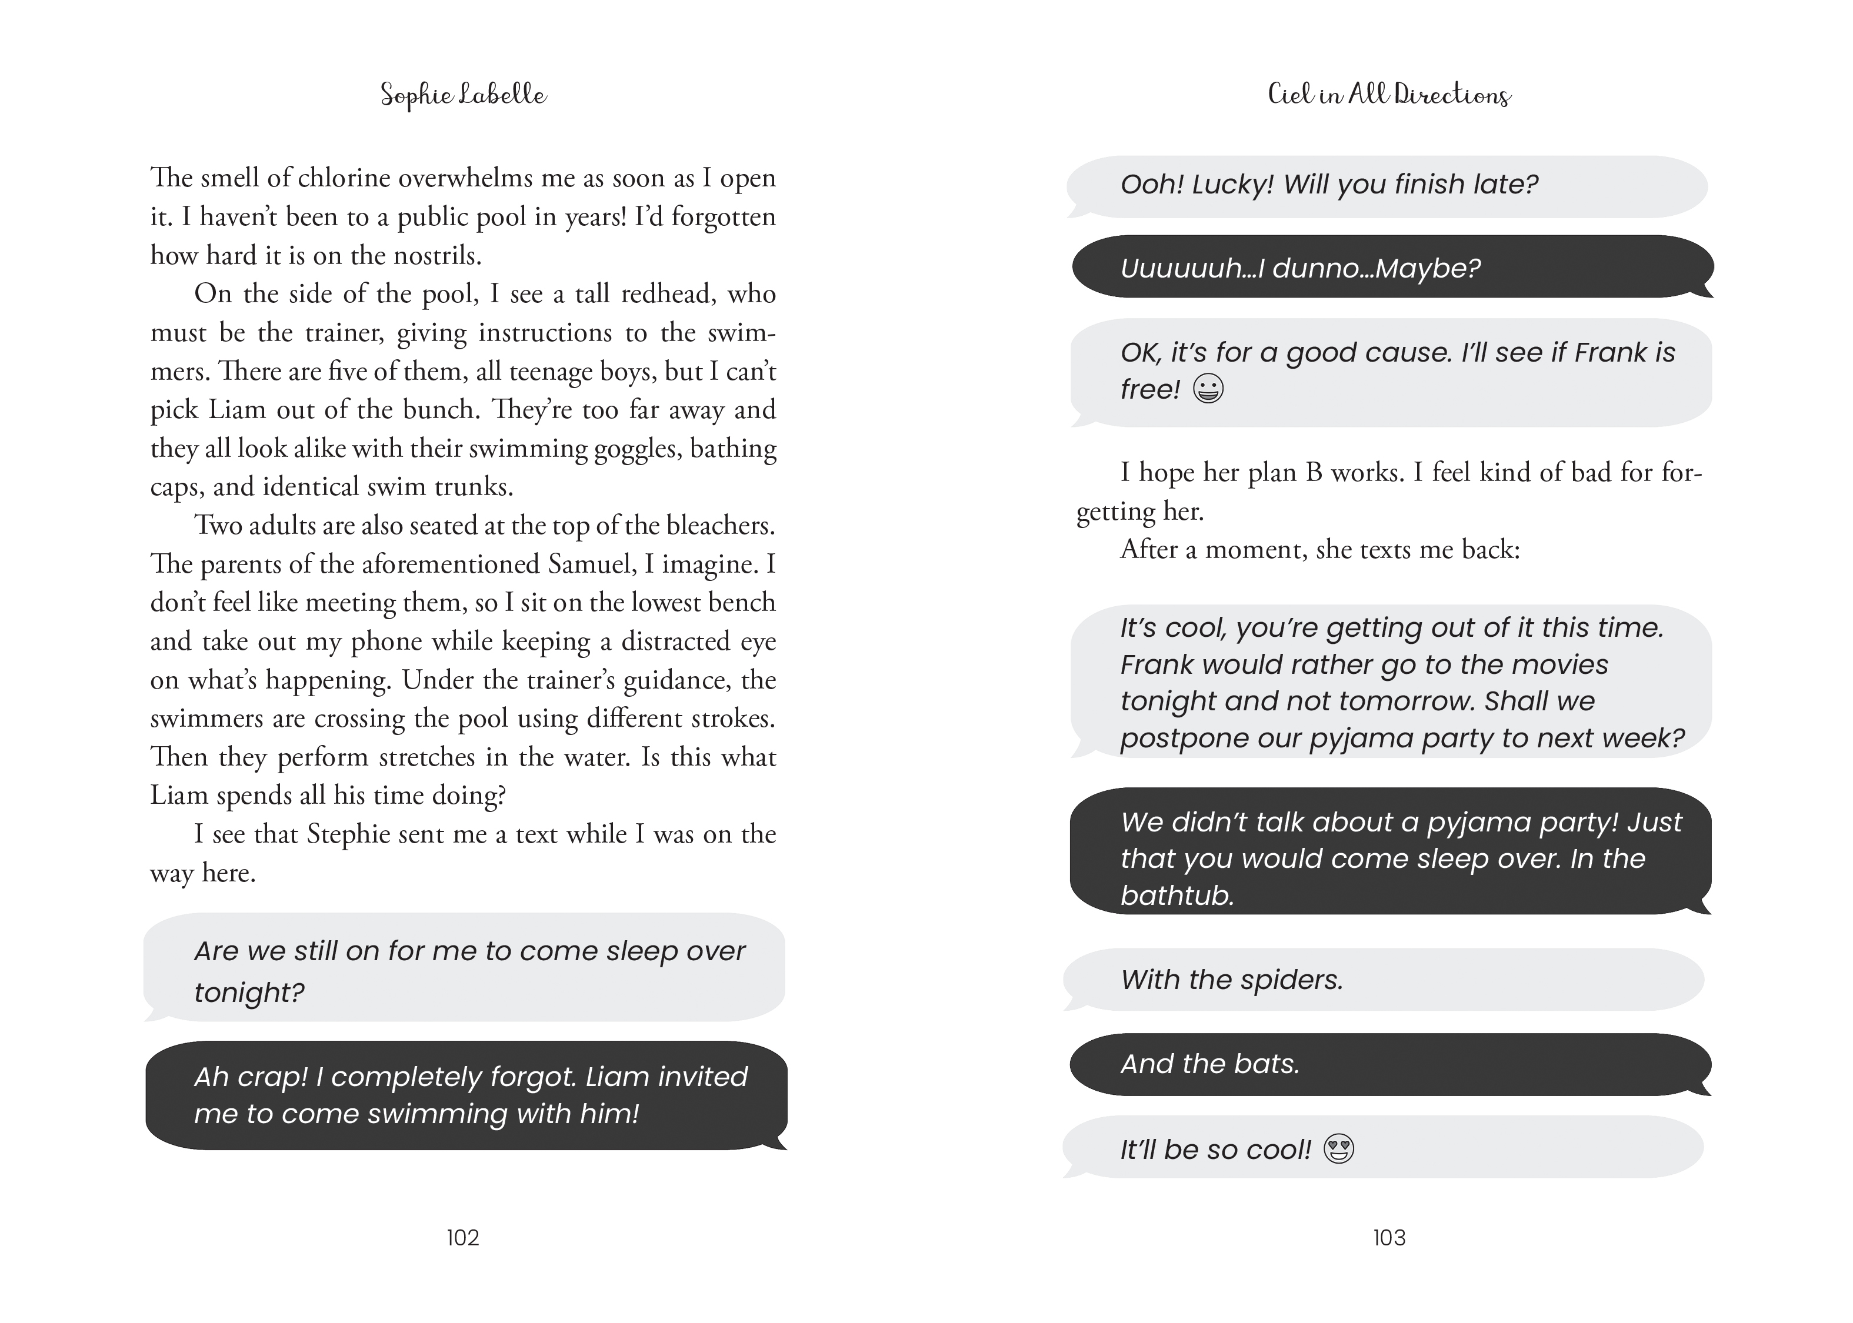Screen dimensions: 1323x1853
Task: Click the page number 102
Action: pos(463,1238)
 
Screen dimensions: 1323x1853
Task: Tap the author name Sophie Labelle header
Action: pos(463,95)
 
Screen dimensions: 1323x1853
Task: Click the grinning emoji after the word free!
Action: pos(1208,389)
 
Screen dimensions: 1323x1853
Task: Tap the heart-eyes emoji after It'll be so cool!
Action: pos(1339,1149)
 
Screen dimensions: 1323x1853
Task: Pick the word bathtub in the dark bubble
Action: pos(1177,896)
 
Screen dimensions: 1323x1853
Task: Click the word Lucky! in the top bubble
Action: pos(1232,184)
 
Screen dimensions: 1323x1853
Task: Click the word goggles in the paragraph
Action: pos(637,448)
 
